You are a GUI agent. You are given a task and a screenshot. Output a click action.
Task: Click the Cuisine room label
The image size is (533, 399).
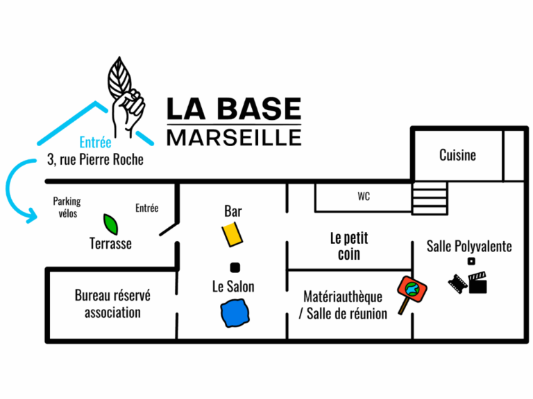click(x=457, y=155)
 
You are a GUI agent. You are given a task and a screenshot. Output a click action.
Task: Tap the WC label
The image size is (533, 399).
click(x=364, y=197)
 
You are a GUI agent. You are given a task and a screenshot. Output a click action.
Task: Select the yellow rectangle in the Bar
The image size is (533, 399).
click(x=234, y=233)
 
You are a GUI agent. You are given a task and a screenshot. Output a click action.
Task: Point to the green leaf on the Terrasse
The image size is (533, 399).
click(x=110, y=224)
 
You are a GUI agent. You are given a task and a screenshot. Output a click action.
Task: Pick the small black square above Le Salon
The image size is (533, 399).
click(x=235, y=267)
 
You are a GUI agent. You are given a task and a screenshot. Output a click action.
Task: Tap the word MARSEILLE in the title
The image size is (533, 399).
click(x=234, y=136)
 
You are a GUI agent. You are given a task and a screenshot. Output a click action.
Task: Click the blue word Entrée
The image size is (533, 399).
click(x=95, y=143)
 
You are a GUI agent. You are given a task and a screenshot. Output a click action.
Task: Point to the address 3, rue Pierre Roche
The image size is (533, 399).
click(x=95, y=160)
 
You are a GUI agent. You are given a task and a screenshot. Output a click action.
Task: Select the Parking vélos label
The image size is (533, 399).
click(x=67, y=207)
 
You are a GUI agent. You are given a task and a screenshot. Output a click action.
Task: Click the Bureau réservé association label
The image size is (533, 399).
click(x=112, y=303)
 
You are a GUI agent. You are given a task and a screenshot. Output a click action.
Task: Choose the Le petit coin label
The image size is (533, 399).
click(x=349, y=246)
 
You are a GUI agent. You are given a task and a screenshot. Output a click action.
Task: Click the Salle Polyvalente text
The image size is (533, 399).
click(x=469, y=246)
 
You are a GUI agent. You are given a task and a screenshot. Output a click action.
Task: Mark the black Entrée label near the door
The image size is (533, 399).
click(x=146, y=208)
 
